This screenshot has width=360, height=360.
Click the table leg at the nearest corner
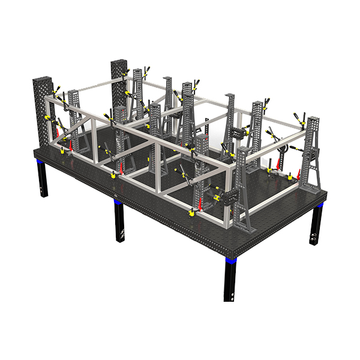pos(230,282)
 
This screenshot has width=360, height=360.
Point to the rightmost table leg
pos(314,225)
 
